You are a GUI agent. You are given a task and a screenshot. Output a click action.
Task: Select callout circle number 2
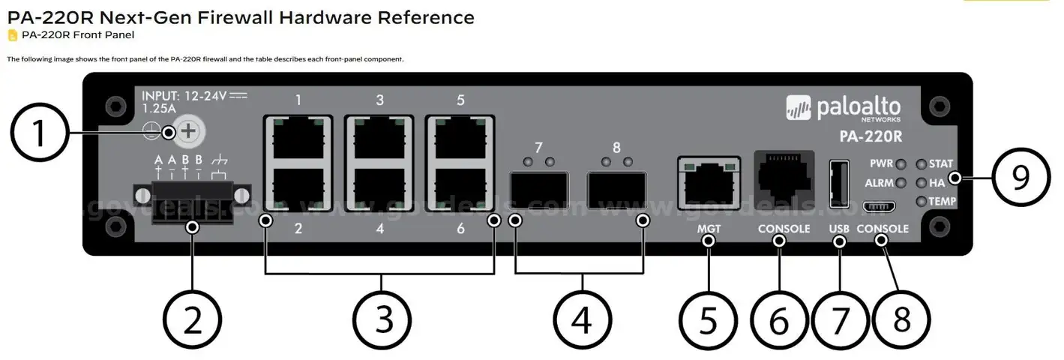click(x=193, y=320)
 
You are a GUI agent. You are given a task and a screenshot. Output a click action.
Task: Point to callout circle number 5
click(x=709, y=320)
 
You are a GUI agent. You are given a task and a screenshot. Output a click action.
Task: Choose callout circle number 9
click(x=1021, y=178)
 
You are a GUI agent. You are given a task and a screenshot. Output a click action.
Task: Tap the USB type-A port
click(x=838, y=182)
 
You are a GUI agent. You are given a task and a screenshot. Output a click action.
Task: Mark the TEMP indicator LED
click(x=922, y=201)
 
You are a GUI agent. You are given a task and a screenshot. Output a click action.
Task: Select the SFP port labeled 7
click(x=538, y=190)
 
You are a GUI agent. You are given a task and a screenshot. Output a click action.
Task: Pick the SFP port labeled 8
click(x=616, y=190)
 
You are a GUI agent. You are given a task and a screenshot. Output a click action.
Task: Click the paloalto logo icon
click(x=799, y=108)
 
